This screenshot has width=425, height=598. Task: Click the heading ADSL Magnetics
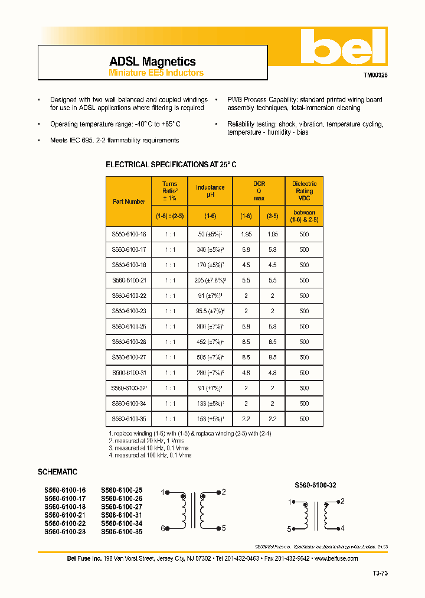coord(152,61)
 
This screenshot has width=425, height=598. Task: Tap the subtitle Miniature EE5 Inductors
coord(156,73)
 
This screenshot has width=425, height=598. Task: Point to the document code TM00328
coord(375,76)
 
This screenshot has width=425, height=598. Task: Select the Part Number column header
coord(129,201)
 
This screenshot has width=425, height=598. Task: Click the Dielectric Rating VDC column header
coord(304,191)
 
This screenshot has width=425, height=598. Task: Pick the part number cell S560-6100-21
coord(129,281)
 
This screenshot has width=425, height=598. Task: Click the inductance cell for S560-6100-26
coord(210,342)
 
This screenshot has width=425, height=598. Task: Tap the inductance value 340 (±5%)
coord(210,250)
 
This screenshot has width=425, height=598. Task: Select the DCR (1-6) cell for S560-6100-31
coord(246,373)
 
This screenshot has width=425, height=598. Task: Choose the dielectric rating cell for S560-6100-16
coord(304,235)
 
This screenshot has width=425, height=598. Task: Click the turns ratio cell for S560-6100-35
coord(170,419)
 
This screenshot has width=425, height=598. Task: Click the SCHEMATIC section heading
coord(57,472)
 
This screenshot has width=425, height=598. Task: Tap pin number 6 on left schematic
coord(163,529)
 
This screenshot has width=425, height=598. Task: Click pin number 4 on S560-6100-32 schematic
coord(342,528)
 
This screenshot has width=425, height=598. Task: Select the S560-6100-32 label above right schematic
coord(315,485)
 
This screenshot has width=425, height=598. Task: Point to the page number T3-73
coord(380,573)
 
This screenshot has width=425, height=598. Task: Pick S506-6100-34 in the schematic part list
coord(122,524)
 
